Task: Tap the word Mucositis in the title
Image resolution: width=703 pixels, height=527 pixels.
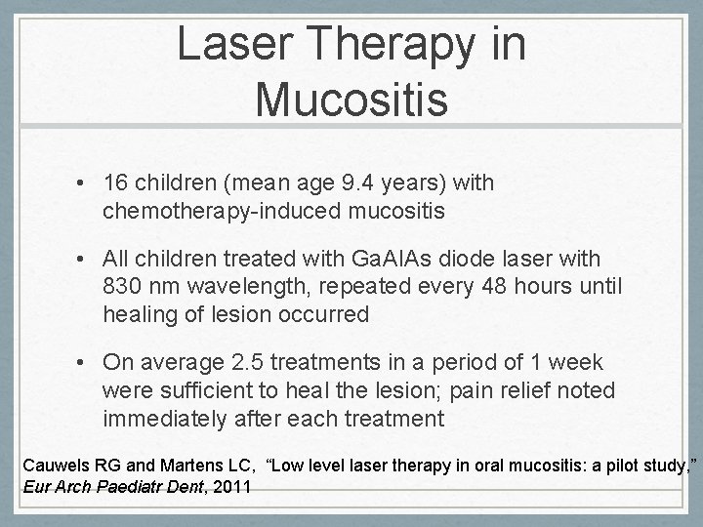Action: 351,99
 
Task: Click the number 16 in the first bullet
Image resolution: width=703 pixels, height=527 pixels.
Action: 114,182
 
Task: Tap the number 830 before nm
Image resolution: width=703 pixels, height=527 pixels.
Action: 121,287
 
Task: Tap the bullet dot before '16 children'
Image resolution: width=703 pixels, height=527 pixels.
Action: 85,183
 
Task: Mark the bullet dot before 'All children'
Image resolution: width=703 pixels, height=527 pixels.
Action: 85,260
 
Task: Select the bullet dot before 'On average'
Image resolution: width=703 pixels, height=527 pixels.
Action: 85,364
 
